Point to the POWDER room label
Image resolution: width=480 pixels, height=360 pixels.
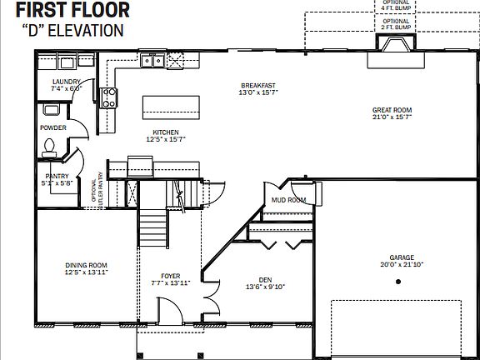pos(53,127)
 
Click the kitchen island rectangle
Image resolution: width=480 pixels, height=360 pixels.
pos(172,106)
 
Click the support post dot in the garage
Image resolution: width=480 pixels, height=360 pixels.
pos(398,282)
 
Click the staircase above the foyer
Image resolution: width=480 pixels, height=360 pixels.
pos(154,225)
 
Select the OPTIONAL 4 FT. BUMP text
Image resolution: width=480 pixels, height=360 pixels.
pos(396,5)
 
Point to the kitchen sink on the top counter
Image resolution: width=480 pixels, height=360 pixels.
pos(152,59)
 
